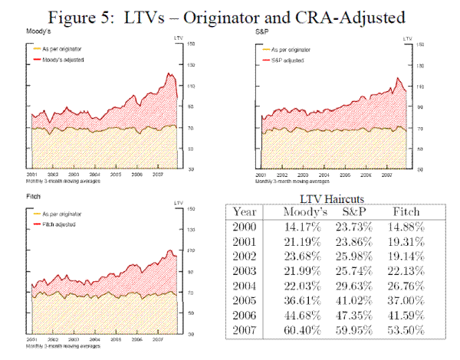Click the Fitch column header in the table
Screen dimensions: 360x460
coord(405,211)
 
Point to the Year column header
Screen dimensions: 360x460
coord(245,211)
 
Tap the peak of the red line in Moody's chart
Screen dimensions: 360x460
coord(169,73)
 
